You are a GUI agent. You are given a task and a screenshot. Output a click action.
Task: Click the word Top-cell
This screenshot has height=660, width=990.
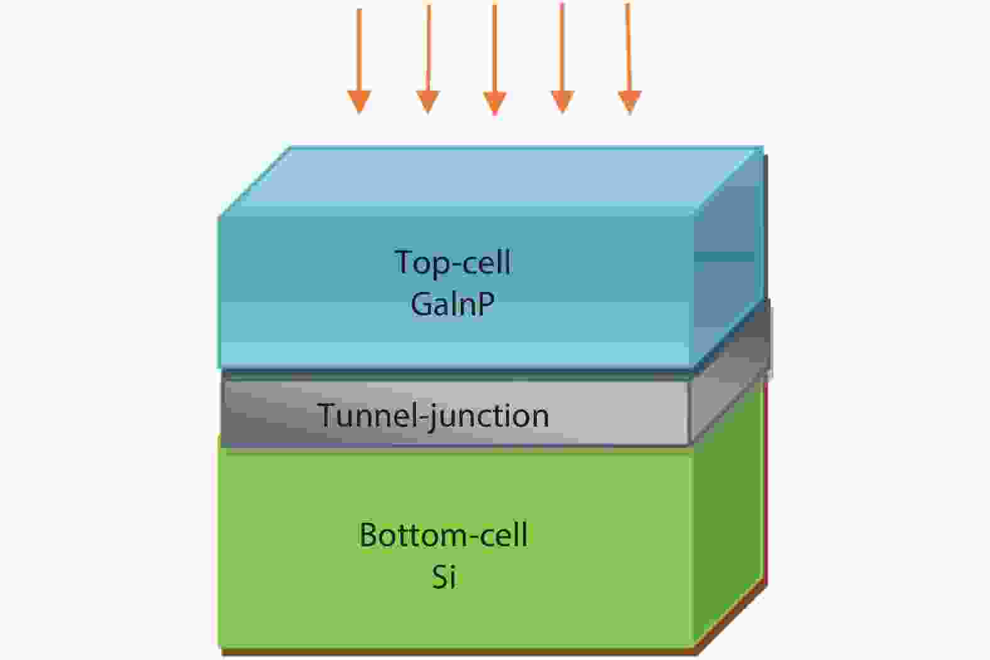[453, 262]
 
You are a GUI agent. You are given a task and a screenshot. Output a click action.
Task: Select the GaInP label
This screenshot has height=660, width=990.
[453, 304]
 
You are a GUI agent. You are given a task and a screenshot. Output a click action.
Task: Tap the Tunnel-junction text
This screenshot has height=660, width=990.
[433, 416]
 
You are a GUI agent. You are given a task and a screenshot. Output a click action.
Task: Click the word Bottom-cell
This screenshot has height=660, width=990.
[443, 535]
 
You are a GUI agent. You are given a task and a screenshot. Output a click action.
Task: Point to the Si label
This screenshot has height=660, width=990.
[443, 576]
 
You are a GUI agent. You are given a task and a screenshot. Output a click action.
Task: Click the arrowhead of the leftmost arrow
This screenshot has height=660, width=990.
[360, 101]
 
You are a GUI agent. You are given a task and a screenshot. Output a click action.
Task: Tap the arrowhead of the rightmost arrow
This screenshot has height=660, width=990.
[630, 101]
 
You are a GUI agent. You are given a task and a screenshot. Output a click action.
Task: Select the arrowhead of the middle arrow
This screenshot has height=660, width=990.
[495, 103]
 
